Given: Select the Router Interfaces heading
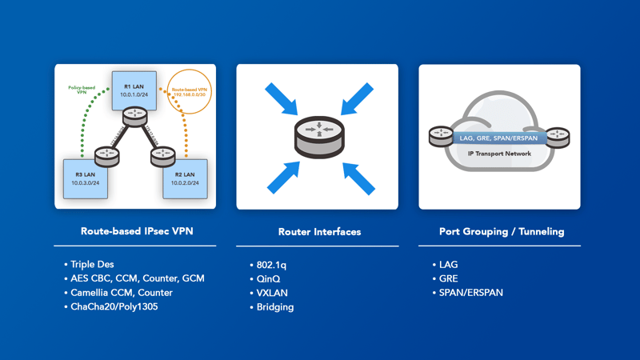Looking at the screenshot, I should (319, 231).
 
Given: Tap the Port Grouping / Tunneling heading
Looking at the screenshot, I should (502, 231).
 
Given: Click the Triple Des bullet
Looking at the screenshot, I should (94, 264).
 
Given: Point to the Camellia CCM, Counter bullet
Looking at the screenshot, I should (122, 292).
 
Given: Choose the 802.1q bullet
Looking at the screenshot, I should (271, 264).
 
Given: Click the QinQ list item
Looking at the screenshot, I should (269, 278).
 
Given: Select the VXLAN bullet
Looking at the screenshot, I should (272, 293).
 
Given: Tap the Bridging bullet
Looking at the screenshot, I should (274, 307).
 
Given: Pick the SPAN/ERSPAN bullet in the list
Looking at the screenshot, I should (472, 293).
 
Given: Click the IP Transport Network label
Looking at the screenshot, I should (499, 151).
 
